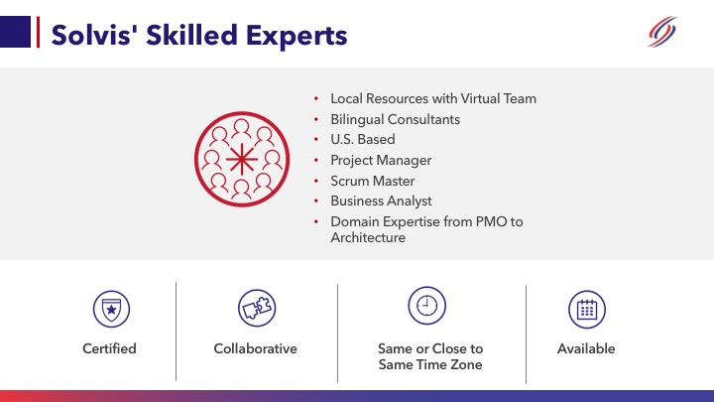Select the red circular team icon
point(242,159)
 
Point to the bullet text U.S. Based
point(362,139)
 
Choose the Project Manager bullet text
point(381,160)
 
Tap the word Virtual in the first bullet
point(479,99)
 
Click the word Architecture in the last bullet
point(368,237)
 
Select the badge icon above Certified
point(110,310)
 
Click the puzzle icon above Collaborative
point(256,309)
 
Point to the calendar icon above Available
point(586,309)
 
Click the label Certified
point(109,348)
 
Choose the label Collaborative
point(255,348)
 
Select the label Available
point(586,348)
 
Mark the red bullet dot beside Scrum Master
point(315,182)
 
